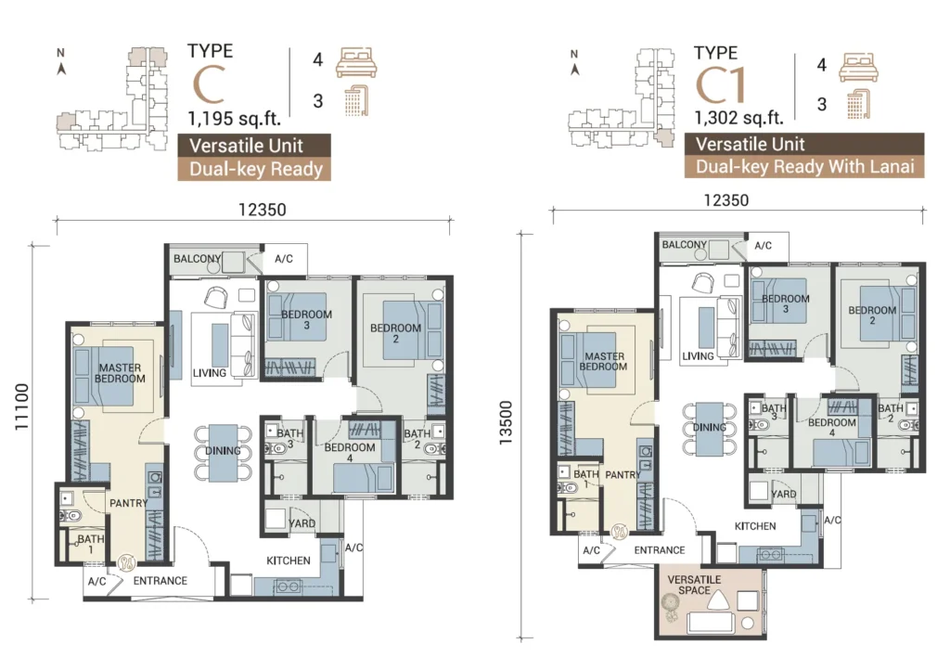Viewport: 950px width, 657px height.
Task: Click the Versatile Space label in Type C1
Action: click(694, 585)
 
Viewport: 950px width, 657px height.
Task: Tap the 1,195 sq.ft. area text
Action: click(235, 118)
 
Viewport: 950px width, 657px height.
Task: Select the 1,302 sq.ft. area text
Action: click(739, 117)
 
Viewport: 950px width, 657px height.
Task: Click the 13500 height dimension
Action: click(506, 422)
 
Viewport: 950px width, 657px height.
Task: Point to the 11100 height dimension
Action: click(22, 406)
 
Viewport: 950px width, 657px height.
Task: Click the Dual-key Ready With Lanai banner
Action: click(804, 167)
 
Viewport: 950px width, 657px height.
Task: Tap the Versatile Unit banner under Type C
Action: click(254, 146)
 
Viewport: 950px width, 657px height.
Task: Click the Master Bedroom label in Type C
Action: click(120, 373)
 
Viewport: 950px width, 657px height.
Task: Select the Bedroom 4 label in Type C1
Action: click(832, 427)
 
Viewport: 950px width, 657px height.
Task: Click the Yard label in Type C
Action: click(302, 523)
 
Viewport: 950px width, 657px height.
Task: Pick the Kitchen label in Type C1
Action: click(755, 526)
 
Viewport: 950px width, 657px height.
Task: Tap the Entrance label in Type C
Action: click(160, 581)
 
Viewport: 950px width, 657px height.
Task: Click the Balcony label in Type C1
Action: click(684, 244)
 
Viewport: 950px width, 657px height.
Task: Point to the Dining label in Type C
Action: click(223, 451)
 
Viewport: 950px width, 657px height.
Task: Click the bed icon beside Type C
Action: click(356, 62)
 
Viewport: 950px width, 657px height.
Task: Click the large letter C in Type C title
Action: click(209, 84)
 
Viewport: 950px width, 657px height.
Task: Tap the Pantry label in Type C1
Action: click(623, 474)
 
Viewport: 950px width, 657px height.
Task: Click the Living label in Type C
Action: click(209, 373)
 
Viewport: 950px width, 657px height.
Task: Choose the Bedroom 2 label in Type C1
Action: click(872, 316)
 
